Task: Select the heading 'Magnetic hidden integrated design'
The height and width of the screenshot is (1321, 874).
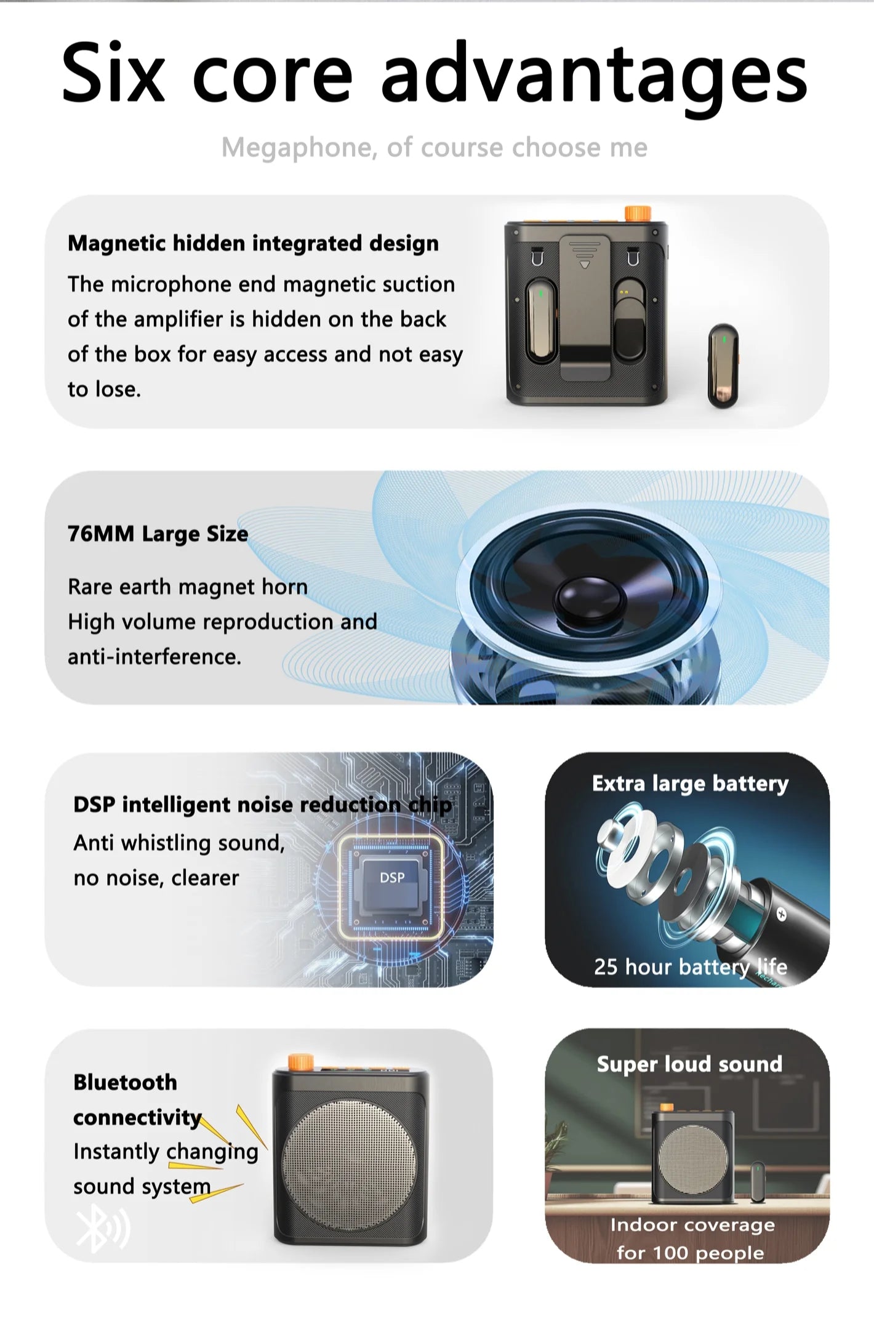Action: click(253, 244)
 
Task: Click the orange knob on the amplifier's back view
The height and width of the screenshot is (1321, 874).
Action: click(637, 214)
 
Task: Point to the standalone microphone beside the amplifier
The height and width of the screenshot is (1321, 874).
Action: click(723, 366)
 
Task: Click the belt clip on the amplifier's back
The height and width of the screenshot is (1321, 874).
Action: click(585, 308)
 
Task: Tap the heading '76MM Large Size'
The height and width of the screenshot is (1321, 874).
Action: click(158, 534)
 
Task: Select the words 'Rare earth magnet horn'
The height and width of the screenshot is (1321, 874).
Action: click(188, 587)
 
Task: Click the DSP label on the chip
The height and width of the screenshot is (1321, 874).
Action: click(392, 878)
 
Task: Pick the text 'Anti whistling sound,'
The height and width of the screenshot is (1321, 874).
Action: click(179, 843)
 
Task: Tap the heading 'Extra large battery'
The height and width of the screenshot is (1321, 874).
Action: click(690, 784)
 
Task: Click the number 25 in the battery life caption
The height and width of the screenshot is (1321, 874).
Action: click(606, 967)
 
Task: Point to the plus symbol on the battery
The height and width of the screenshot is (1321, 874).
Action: click(781, 914)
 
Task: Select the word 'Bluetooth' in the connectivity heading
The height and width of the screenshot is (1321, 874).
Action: click(125, 1082)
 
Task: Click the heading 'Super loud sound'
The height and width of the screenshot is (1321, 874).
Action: click(689, 1064)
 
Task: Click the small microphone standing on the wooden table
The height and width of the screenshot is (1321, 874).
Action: click(757, 1182)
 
